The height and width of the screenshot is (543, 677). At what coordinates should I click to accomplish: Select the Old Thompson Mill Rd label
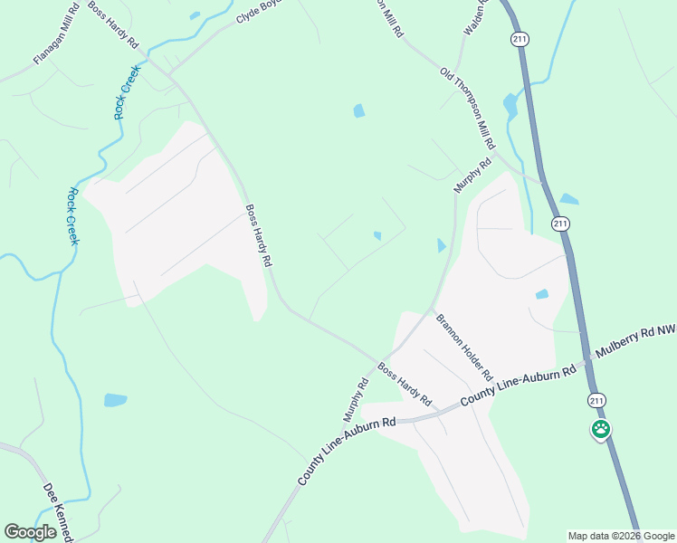pos(468,108)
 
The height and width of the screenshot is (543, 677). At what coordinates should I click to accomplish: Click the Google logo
pos(30,532)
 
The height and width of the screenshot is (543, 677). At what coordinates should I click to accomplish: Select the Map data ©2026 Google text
pos(622,536)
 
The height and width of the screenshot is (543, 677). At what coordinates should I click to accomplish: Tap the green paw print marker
pos(600,429)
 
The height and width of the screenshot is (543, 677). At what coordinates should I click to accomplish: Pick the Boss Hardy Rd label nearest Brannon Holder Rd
pos(404,384)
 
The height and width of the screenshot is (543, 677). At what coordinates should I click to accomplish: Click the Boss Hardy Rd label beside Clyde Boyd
pos(113,29)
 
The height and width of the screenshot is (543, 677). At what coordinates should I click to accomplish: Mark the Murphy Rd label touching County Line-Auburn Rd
pos(356,399)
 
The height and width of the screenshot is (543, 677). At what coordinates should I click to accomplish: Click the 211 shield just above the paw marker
pos(596,399)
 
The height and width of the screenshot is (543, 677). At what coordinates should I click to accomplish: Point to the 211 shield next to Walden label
pos(519,39)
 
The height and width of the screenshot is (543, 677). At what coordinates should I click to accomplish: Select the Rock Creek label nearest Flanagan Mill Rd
pos(126,92)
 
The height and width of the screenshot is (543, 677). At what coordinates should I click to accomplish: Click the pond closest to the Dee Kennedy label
pos(115,399)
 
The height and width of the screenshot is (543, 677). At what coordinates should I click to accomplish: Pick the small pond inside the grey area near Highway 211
pos(541,294)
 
